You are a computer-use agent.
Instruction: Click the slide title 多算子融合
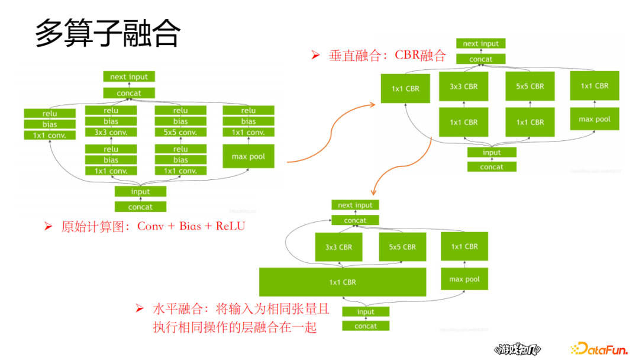coord(107,33)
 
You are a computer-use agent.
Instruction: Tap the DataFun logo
coord(599,349)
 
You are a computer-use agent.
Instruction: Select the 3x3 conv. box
coord(111,133)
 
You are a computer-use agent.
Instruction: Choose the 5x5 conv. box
coord(180,133)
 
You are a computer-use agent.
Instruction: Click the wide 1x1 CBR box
coord(343,282)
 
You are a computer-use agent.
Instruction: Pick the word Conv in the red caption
coord(150,226)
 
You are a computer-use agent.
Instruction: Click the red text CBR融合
coord(421,56)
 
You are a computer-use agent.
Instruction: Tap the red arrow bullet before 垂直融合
coord(315,56)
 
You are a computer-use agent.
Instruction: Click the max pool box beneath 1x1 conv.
coord(248,157)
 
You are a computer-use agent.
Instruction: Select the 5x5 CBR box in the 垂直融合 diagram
coord(530,86)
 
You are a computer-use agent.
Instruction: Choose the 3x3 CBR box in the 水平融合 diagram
coord(338,247)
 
